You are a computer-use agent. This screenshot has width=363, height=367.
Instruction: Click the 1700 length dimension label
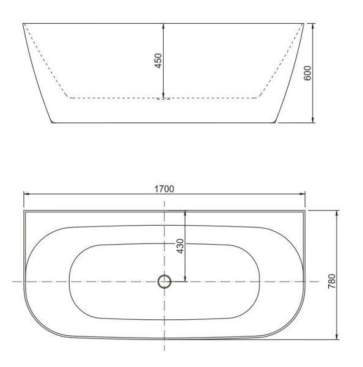(x=164, y=188)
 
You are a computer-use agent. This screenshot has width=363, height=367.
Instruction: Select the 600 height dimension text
(x=308, y=73)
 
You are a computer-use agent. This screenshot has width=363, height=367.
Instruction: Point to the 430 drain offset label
(x=180, y=246)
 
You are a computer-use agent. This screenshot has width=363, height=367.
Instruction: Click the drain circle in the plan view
(x=164, y=281)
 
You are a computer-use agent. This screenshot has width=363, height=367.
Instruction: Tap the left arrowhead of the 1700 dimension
(x=26, y=195)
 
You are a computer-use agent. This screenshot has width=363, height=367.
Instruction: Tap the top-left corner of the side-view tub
(x=23, y=23)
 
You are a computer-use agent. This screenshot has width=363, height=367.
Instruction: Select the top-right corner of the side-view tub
(x=304, y=23)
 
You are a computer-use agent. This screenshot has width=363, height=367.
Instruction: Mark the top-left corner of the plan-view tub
(x=24, y=211)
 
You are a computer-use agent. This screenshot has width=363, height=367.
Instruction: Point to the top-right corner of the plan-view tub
(x=304, y=211)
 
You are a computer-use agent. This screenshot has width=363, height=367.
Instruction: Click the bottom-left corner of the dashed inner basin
(x=68, y=97)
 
